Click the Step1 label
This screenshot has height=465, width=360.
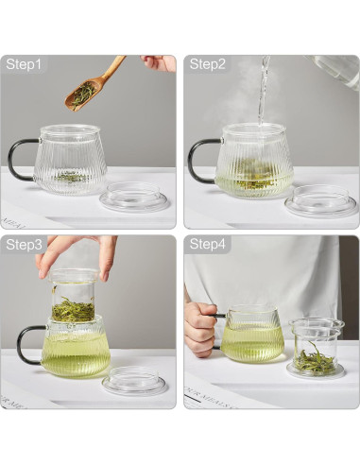(25, 64)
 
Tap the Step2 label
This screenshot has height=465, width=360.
(208, 64)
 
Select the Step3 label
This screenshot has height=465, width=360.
(25, 245)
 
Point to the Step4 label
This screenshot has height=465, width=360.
(208, 245)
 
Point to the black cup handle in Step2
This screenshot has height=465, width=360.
(198, 158)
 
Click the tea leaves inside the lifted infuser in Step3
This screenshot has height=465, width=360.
(73, 309)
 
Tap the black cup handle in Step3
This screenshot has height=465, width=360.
(26, 343)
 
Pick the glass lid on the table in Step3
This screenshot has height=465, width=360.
(135, 380)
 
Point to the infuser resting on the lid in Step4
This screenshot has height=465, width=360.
(315, 348)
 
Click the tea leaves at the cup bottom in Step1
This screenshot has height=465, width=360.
(71, 177)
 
